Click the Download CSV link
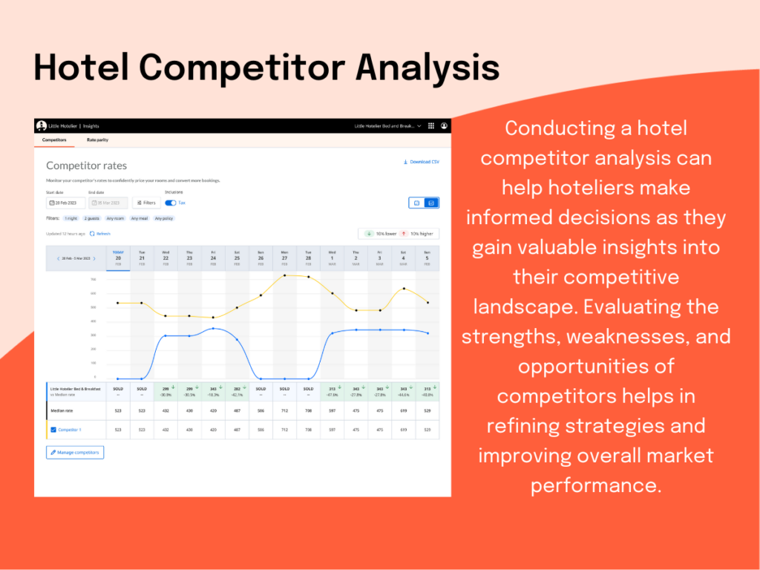point(421,162)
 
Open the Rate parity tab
point(98,140)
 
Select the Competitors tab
point(53,140)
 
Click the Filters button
point(145,203)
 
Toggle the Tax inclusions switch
point(170,203)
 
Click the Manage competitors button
point(75,452)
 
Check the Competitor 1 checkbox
point(53,430)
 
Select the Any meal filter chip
point(139,218)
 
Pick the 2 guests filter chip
point(92,218)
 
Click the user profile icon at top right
point(444,126)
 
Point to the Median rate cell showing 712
point(284,410)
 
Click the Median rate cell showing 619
point(403,410)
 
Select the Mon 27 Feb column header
point(284,258)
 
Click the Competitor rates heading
point(86,166)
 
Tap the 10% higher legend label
point(420,234)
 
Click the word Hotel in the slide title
point(82,68)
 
